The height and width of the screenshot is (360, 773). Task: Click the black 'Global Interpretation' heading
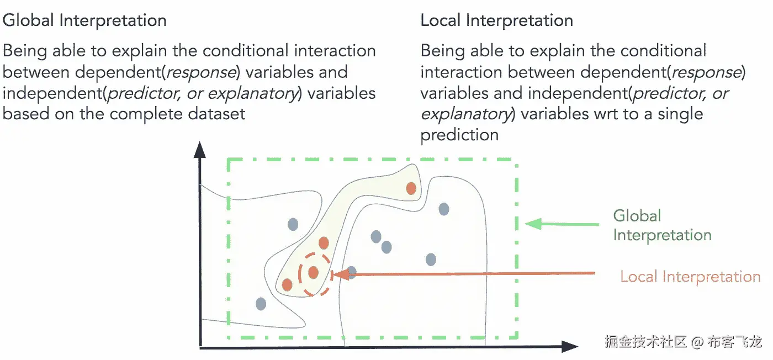tap(84, 21)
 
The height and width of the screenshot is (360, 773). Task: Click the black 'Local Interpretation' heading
tap(496, 21)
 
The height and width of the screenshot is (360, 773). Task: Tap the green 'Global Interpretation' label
tap(661, 225)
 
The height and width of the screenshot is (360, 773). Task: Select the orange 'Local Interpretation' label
tap(690, 276)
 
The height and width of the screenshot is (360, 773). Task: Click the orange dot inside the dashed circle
tap(314, 272)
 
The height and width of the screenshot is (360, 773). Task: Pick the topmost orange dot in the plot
tap(411, 188)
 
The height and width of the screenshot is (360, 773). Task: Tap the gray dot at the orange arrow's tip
tap(351, 272)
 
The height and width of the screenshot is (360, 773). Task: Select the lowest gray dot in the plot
tap(261, 303)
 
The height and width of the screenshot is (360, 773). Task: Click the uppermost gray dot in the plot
tap(444, 209)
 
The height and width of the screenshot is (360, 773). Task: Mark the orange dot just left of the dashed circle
tap(287, 285)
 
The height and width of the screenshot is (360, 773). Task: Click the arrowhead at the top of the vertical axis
tap(200, 150)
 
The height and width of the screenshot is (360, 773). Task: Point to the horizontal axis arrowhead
tap(569, 347)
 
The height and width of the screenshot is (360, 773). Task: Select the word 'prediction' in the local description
tap(459, 135)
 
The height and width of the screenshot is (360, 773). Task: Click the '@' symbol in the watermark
tap(697, 342)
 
